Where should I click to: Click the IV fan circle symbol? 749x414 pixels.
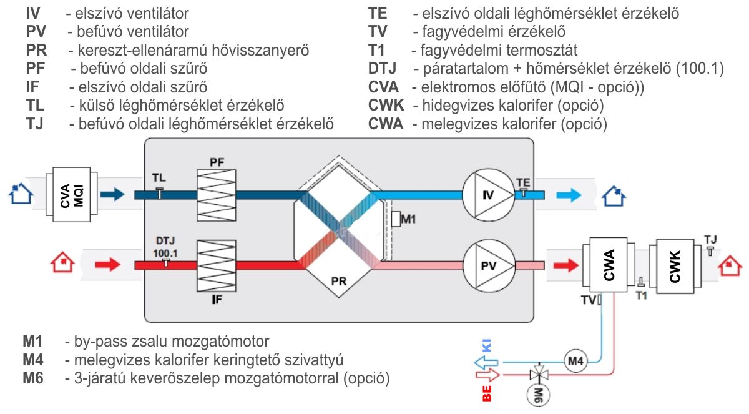point(488,195)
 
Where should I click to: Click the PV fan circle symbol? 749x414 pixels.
point(488,265)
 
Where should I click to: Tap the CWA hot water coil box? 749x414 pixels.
point(610,264)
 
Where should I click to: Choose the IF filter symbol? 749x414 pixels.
point(217,266)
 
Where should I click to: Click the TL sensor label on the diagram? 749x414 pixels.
point(159,179)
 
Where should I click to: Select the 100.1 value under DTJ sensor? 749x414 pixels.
point(165,252)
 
